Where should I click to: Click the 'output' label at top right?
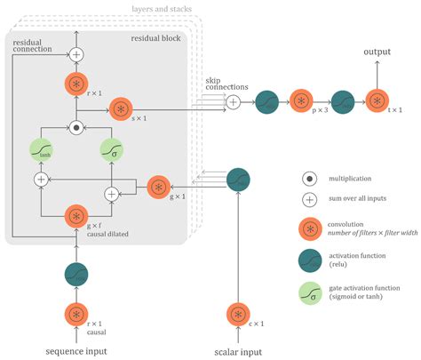click(378, 52)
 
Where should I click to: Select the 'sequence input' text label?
click(77, 351)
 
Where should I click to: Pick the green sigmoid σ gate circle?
click(112, 149)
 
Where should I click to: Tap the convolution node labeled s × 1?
click(122, 110)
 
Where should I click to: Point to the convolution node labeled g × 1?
click(156, 187)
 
